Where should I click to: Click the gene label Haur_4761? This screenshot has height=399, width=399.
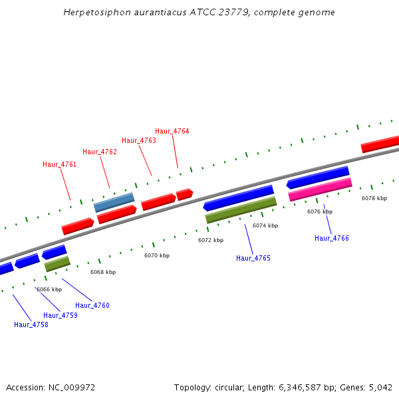coord(60,164)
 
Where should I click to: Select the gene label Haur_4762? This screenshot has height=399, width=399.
coord(100,152)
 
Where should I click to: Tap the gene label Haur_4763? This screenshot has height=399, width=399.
coord(139,140)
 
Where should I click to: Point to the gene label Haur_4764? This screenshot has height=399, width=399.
coord(172,131)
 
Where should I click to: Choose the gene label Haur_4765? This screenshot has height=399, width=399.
coord(253,258)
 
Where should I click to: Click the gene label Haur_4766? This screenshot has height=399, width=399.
coord(332,238)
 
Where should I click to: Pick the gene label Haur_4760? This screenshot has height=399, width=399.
coord(92,305)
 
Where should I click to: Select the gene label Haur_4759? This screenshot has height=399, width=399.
coord(61,315)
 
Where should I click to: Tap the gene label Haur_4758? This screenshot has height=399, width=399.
coord(31,325)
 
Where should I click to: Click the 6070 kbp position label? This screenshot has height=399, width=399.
coord(157,255)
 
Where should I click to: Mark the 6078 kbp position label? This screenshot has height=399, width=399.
coord(374,198)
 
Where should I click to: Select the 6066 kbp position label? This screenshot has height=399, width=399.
coord(49,289)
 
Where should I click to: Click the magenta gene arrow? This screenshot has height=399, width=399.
coord(320,190)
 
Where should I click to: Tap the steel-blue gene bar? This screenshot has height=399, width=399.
coord(114,202)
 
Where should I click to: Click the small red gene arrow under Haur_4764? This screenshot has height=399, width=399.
coord(184,194)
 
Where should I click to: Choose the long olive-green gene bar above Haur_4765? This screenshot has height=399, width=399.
coord(241,209)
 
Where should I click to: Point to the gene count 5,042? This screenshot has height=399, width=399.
coord(380,387)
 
